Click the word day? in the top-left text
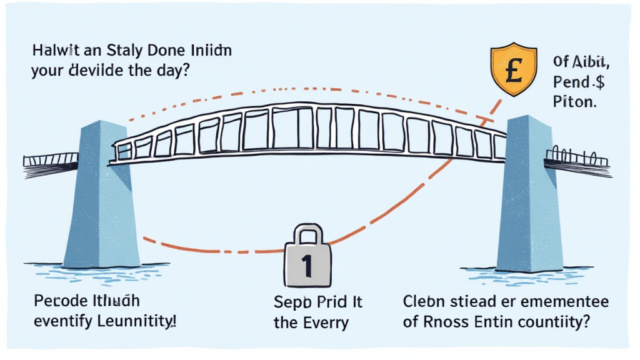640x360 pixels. tap(168, 70)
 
